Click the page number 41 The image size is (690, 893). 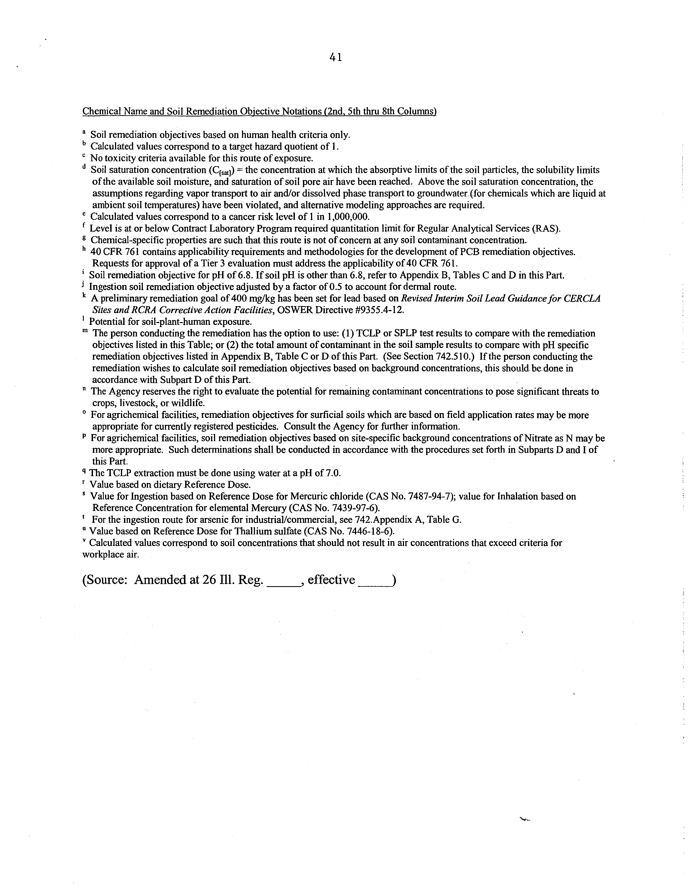[335, 58]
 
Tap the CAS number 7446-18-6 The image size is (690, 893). [370, 531]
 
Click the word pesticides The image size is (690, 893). [258, 427]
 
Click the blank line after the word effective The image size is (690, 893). [374, 581]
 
